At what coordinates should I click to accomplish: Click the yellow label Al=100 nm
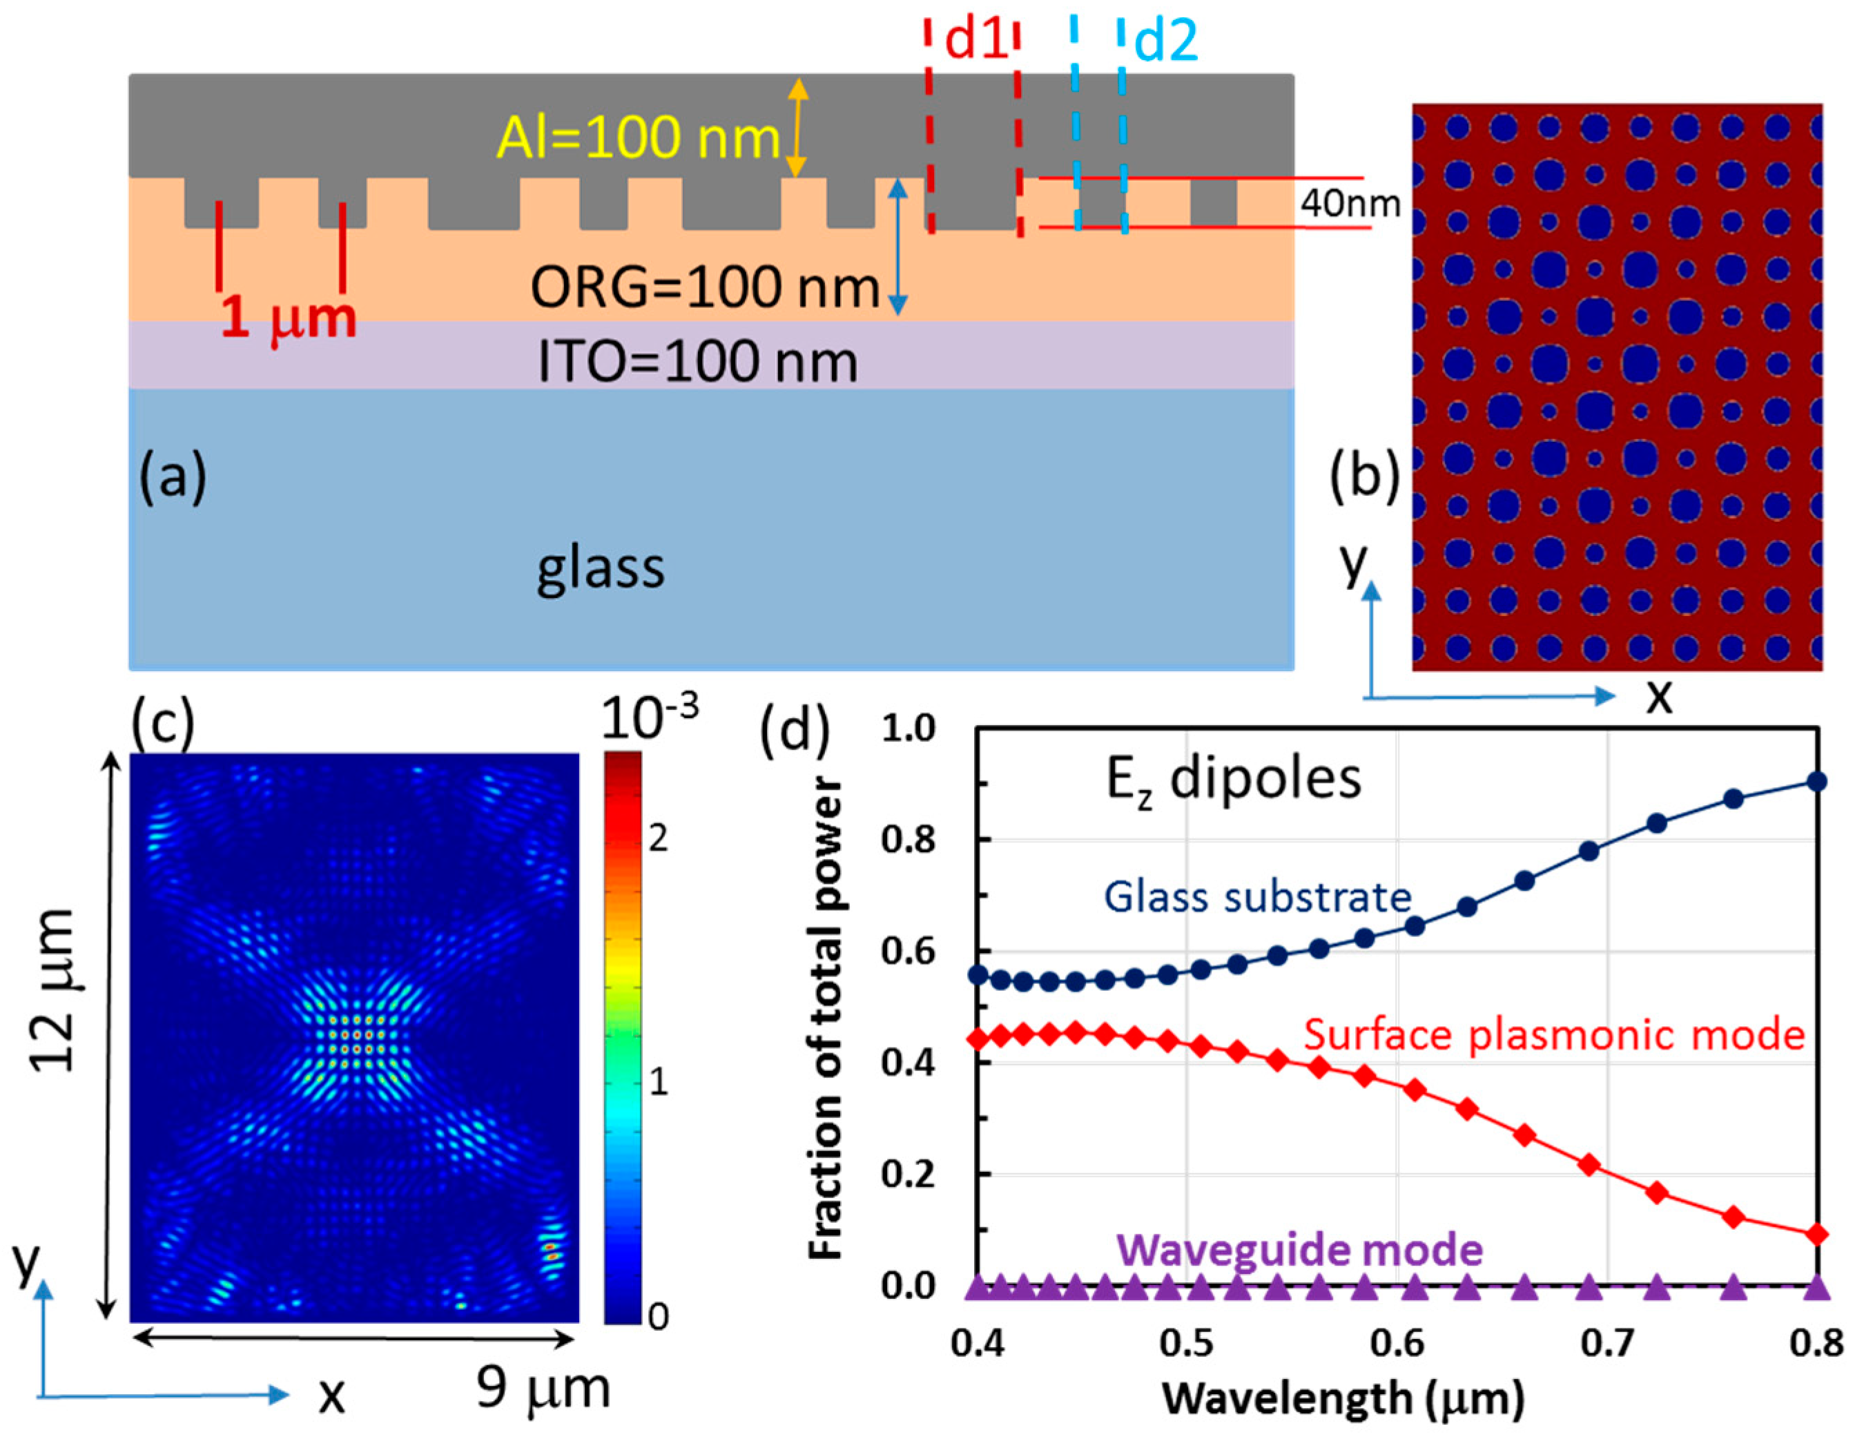tap(637, 137)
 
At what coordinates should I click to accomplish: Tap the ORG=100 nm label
tap(704, 287)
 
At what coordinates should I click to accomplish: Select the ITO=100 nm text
tap(697, 362)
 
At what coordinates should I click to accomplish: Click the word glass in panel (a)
tap(600, 568)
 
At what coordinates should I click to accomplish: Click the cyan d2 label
tap(1165, 41)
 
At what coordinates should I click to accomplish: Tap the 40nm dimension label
tap(1350, 203)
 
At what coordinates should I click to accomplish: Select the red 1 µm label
tap(289, 320)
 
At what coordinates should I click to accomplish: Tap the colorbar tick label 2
tap(657, 840)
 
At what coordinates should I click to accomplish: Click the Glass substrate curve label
tap(1257, 896)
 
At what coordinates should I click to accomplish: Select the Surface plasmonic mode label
tap(1553, 1035)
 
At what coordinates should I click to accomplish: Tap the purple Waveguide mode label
tap(1299, 1250)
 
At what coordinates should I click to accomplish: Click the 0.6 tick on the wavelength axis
tap(1398, 1344)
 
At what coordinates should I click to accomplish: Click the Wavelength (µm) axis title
tap(1343, 1398)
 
